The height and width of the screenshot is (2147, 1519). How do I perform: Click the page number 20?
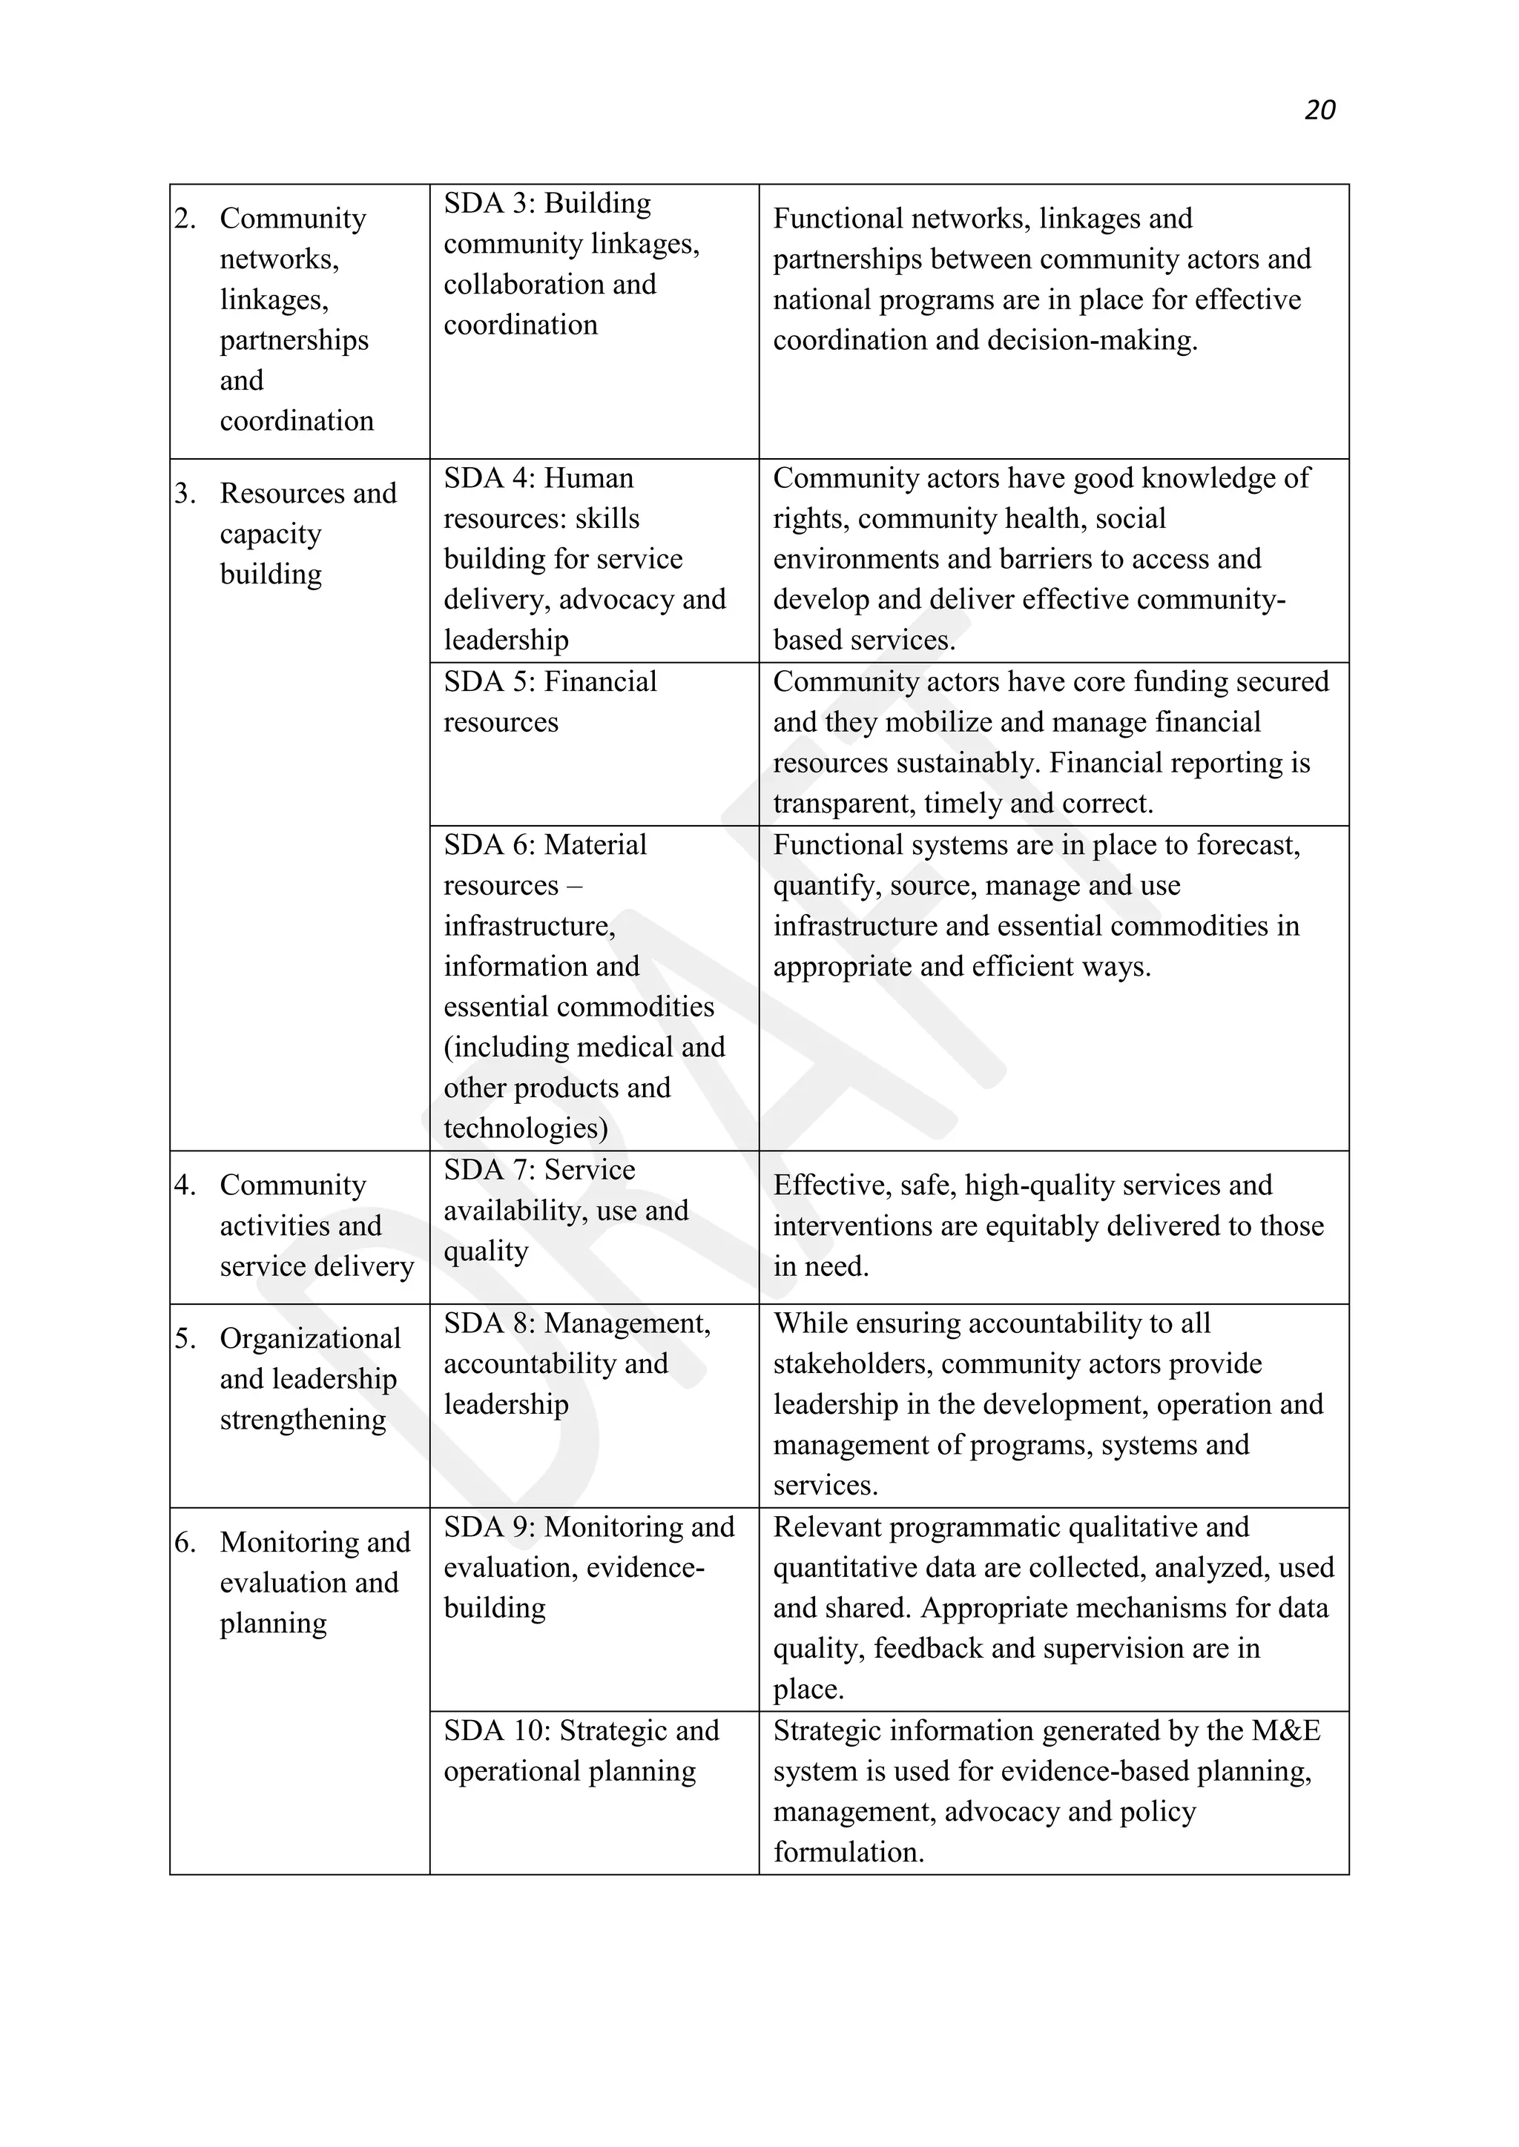coord(1319,110)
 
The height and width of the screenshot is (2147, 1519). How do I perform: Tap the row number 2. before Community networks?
coord(185,219)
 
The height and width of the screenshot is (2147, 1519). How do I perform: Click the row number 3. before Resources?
coord(185,494)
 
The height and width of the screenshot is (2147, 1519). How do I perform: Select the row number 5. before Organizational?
coord(185,1339)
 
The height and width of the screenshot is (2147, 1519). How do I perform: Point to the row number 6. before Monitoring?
coord(185,1543)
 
